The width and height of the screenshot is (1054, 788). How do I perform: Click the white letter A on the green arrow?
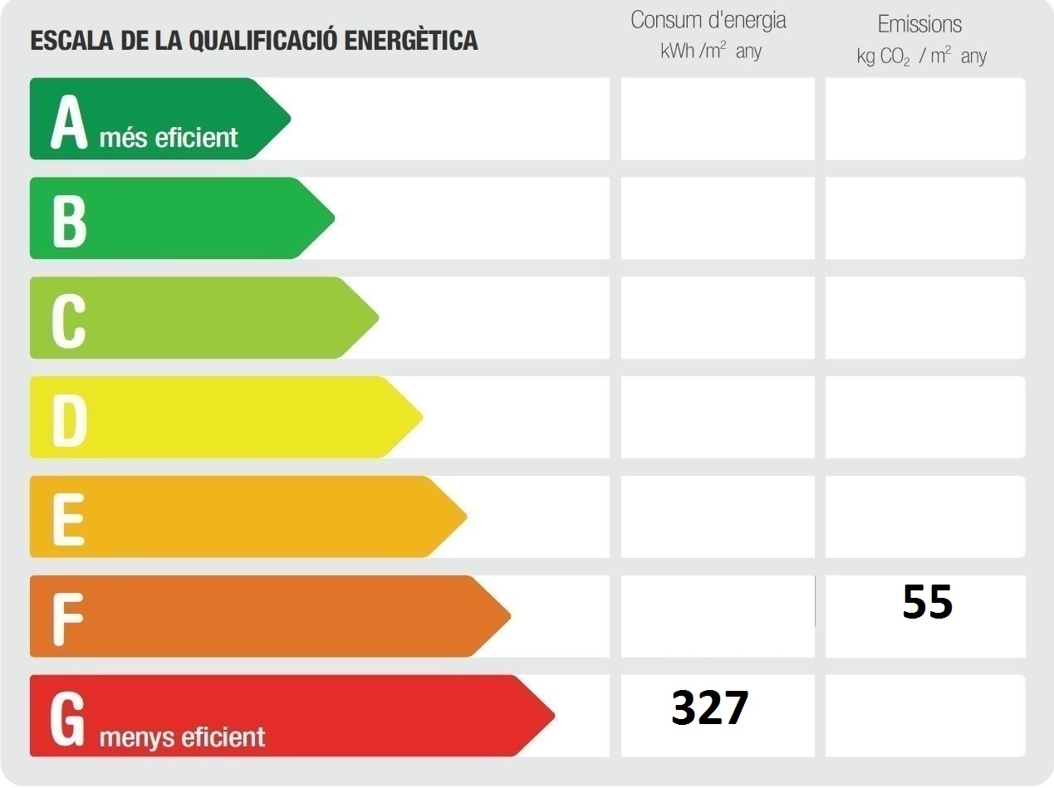[69, 123]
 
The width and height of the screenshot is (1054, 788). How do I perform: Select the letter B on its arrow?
[69, 220]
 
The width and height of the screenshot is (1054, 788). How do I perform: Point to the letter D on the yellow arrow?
[69, 419]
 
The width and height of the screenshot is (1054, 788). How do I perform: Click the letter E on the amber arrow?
[68, 519]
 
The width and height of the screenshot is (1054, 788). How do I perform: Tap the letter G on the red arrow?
[68, 718]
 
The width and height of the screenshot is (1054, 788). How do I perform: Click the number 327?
[710, 708]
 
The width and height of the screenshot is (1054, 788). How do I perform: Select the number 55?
[927, 603]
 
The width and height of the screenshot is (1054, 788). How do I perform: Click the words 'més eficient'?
[169, 138]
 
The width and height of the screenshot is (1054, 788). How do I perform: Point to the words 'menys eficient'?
[182, 737]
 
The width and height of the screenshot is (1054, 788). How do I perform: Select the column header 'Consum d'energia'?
[708, 21]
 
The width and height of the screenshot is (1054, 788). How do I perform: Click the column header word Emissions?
[919, 24]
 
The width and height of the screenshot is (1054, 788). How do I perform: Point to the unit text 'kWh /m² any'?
[711, 51]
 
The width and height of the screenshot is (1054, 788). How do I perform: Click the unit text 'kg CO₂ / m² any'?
[921, 56]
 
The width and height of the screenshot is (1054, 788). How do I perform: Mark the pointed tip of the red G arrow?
[552, 716]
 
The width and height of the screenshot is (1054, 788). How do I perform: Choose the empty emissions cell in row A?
[924, 119]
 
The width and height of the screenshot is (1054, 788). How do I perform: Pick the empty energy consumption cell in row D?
[718, 417]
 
